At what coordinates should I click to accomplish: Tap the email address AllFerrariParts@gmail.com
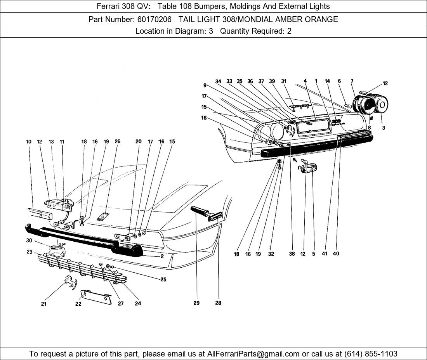[253, 354]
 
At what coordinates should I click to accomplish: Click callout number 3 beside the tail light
[383, 128]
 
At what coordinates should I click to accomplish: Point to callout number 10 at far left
[29, 142]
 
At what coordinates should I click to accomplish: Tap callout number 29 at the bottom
[196, 303]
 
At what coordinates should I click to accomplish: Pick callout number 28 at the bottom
[218, 303]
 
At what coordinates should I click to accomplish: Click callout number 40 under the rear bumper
[336, 254]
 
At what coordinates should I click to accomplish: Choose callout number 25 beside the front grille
[163, 279]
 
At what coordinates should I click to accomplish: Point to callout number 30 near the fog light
[29, 241]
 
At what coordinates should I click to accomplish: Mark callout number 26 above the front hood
[118, 142]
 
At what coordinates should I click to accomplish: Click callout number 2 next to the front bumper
[162, 256]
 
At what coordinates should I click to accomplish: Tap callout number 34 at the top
[218, 81]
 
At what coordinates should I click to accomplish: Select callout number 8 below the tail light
[369, 127]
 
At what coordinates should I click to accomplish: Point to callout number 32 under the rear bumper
[271, 254]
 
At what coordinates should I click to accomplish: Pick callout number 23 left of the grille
[29, 251]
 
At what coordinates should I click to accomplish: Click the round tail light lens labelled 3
[382, 105]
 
